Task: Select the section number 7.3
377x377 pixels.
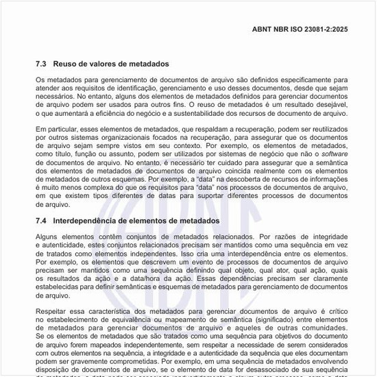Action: pos(41,64)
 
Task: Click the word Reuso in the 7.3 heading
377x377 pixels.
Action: pos(66,64)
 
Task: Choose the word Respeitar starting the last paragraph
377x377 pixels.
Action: pos(53,312)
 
